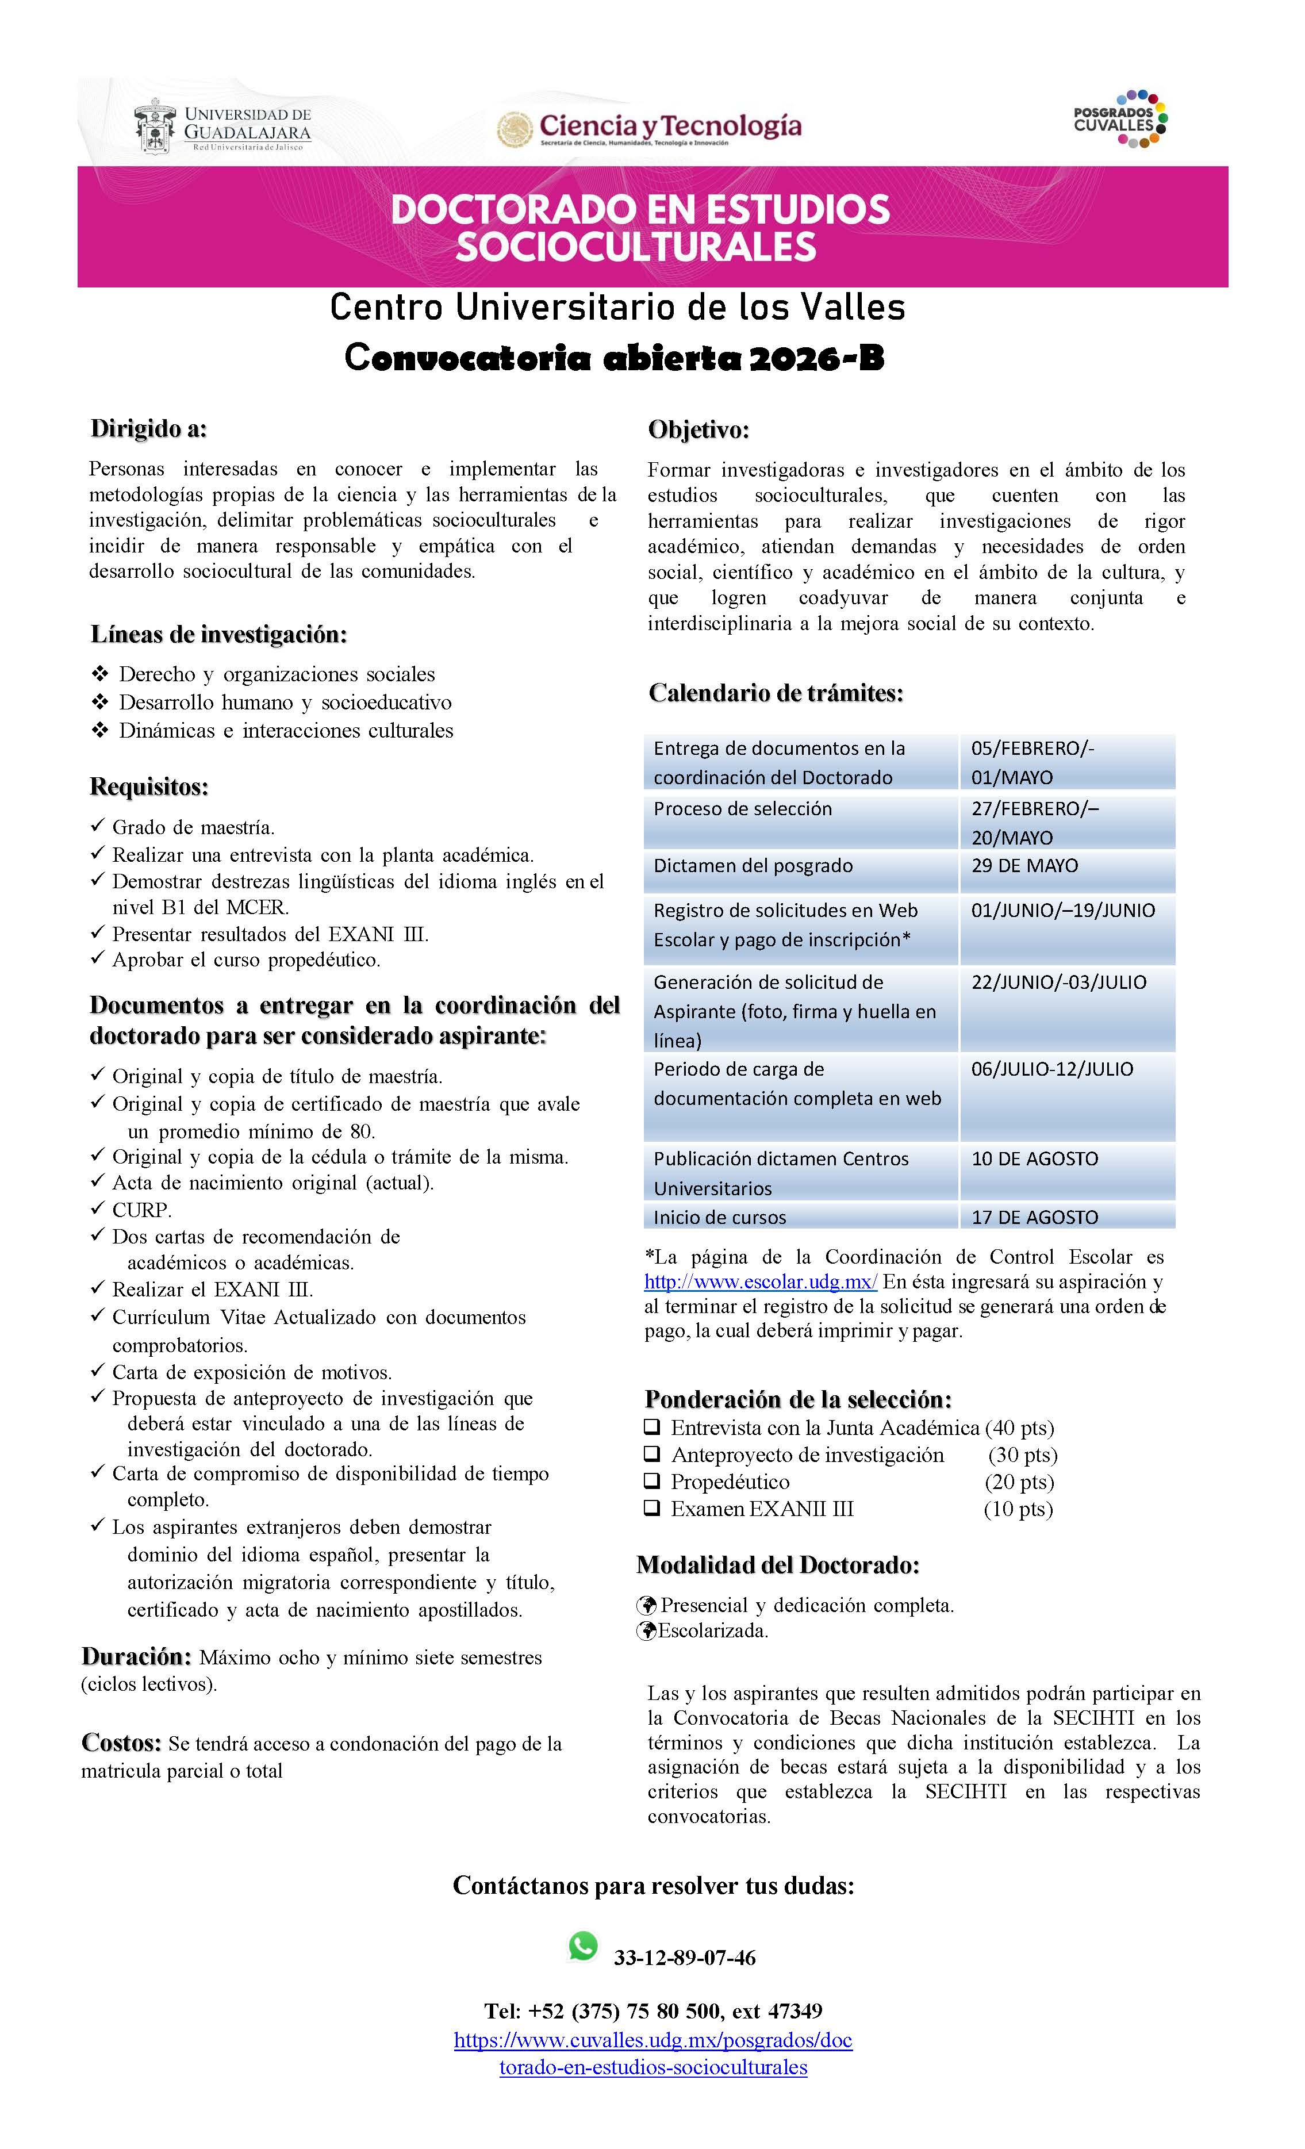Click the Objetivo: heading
coord(698,430)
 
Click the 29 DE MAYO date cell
coord(1024,866)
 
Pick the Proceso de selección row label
coord(742,808)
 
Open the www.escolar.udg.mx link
coord(761,1282)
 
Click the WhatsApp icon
coord(583,1946)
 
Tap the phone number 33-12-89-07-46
coord(685,1958)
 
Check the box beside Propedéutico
coord(651,1481)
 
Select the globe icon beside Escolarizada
coord(646,1631)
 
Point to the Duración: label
coord(136,1657)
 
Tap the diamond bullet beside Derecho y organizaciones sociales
coord(99,674)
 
